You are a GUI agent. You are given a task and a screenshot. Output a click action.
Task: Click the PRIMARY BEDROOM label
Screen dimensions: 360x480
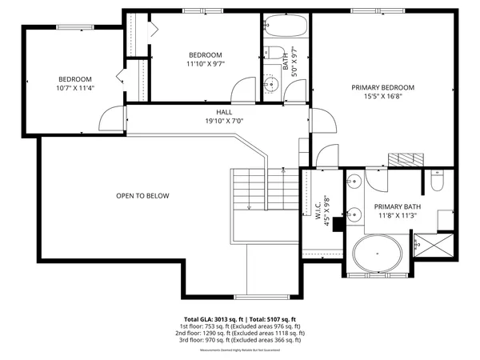[x=382, y=86]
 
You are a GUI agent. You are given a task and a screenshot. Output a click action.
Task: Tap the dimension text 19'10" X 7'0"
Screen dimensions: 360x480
[x=224, y=122]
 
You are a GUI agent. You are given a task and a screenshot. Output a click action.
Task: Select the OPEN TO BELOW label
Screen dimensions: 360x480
[x=142, y=195]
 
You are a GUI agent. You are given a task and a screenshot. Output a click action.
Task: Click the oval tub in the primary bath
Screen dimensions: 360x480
[x=378, y=254]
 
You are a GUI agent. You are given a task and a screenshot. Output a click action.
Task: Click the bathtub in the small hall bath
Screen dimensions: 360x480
[x=286, y=26]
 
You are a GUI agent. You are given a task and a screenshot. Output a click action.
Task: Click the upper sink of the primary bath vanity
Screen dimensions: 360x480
[x=353, y=183]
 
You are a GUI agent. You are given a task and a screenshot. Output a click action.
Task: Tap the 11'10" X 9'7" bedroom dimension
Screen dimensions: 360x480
[x=206, y=64]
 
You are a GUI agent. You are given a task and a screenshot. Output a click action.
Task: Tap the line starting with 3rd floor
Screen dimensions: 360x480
[x=239, y=340]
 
